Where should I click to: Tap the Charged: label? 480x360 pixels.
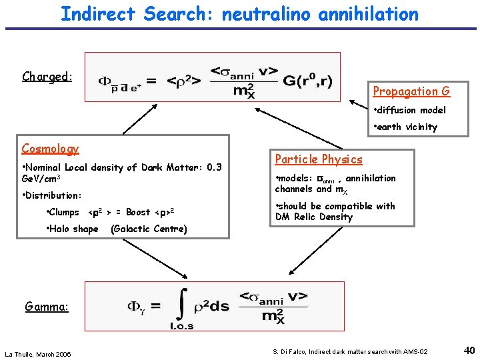tap(47, 76)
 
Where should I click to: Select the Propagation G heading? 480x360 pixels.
tap(411, 91)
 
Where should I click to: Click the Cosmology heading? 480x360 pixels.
tap(50, 149)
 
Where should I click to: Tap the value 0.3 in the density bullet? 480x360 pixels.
tap(214, 167)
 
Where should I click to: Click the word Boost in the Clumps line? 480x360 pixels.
tap(138, 212)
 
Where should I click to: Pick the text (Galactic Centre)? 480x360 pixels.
tap(149, 229)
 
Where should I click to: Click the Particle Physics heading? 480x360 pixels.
tap(319, 159)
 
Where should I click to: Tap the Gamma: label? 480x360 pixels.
tap(47, 307)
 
